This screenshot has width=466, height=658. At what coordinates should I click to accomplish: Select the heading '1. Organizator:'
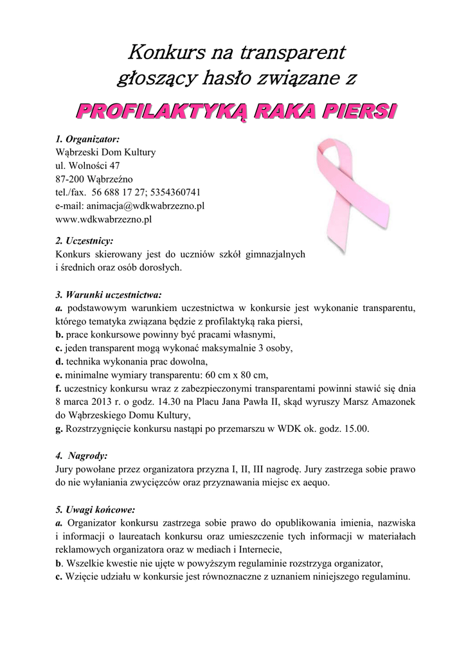click(87, 139)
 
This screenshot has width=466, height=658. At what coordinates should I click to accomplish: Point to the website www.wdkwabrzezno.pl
click(103, 220)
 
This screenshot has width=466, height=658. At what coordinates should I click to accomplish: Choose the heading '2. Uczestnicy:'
click(84, 241)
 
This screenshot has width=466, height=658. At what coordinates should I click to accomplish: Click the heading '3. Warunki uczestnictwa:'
click(107, 295)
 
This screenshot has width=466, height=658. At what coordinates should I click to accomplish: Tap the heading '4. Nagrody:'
click(82, 456)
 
